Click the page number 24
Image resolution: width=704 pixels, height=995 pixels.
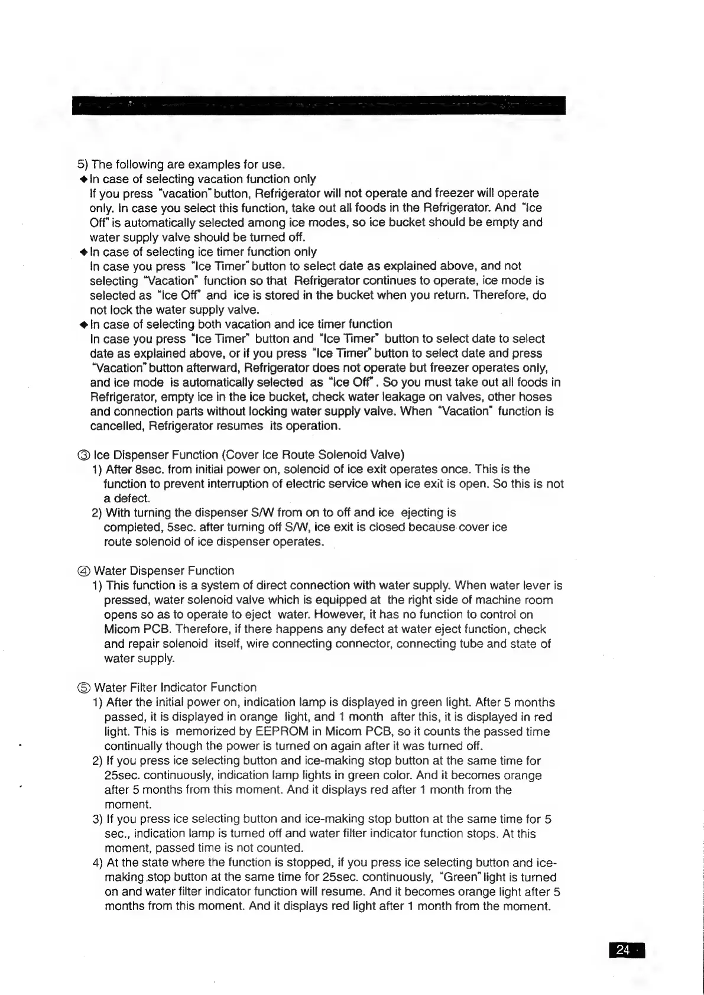point(623,949)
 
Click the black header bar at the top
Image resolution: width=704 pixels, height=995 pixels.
point(318,105)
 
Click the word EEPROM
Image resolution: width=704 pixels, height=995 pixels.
point(267,732)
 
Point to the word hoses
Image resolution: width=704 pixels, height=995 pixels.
point(535,397)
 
